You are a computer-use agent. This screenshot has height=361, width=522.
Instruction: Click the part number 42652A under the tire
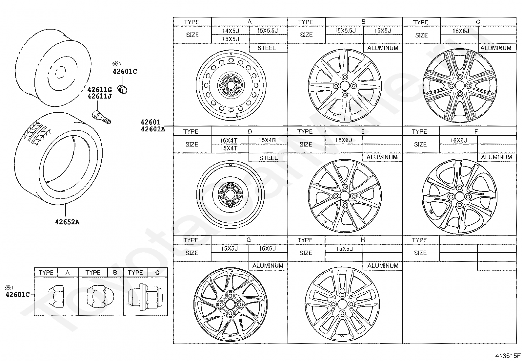pyautogui.click(x=67, y=222)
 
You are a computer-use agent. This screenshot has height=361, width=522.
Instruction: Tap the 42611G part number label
pyautogui.click(x=100, y=89)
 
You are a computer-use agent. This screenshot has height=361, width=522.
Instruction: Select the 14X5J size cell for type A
pyautogui.click(x=231, y=31)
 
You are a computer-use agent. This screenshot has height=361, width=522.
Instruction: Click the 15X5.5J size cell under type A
pyautogui.click(x=267, y=31)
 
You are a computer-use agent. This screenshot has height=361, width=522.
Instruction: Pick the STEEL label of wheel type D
pyautogui.click(x=268, y=158)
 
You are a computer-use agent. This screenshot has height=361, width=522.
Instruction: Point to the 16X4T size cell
pyautogui.click(x=229, y=140)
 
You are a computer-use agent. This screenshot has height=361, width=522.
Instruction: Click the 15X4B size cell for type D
pyautogui.click(x=267, y=140)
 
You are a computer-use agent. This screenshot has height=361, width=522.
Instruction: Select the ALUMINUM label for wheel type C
pyautogui.click(x=496, y=48)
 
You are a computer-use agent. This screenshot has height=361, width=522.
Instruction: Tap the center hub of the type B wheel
pyautogui.click(x=345, y=85)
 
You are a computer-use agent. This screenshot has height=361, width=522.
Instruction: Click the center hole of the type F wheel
pyautogui.click(x=459, y=196)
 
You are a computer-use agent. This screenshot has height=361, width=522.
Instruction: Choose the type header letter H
pyautogui.click(x=363, y=240)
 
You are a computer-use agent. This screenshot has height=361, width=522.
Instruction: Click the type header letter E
pyautogui.click(x=363, y=131)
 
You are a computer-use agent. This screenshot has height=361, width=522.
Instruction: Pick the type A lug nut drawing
pyautogui.click(x=56, y=295)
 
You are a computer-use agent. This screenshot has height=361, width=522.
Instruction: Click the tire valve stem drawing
pyautogui.click(x=101, y=117)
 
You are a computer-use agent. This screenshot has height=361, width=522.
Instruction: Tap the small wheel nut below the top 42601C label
pyautogui.click(x=123, y=89)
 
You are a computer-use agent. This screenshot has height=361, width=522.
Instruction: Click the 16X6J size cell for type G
pyautogui.click(x=267, y=248)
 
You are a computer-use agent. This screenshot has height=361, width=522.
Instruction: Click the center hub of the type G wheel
pyautogui.click(x=230, y=304)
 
